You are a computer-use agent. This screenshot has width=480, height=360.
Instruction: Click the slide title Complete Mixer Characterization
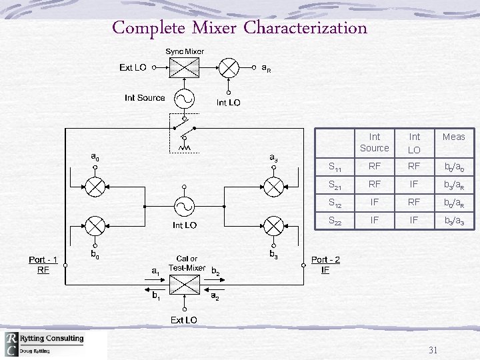coord(239,28)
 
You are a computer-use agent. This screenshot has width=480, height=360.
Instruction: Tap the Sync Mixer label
coord(185,51)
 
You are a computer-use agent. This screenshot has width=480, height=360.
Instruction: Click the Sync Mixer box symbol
coord(184,67)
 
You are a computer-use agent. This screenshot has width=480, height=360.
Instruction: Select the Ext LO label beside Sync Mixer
coord(133,67)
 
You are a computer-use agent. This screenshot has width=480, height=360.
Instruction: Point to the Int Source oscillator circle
coord(184,98)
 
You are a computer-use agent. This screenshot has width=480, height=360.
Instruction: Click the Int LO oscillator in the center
coord(184,205)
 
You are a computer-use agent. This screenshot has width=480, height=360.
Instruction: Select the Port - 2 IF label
coord(325,265)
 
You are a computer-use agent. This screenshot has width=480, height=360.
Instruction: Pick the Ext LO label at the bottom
coord(184,320)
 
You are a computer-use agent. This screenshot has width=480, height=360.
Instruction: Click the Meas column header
coord(453,137)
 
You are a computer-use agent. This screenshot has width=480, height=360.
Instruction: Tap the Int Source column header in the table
coord(374,142)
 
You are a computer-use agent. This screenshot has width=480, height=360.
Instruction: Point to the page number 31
coord(433,350)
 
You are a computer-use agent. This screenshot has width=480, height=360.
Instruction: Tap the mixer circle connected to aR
coord(229,67)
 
